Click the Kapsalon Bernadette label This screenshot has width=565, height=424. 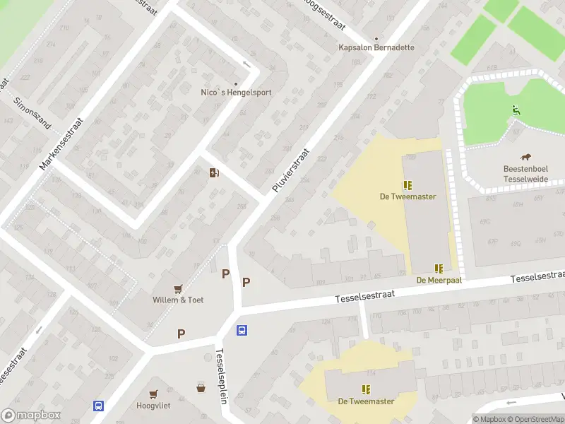click(376, 48)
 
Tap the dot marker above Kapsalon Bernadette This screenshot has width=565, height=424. click(376, 39)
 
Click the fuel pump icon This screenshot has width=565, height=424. click(214, 172)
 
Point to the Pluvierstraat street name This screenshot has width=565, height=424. click(291, 170)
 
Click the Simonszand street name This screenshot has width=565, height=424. click(32, 112)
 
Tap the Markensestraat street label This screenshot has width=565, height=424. click(61, 143)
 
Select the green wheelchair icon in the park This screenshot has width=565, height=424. click(516, 110)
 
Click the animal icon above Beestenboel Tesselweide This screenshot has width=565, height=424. click(526, 158)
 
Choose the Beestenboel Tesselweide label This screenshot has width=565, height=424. click(526, 174)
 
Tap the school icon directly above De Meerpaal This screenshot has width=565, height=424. click(439, 269)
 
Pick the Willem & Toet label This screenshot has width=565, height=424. click(178, 300)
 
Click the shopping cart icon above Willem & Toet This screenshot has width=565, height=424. click(178, 288)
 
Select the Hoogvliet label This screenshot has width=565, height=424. click(153, 406)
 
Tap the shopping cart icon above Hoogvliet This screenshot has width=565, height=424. click(153, 394)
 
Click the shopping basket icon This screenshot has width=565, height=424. click(201, 387)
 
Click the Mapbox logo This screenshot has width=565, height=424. click(31, 416)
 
